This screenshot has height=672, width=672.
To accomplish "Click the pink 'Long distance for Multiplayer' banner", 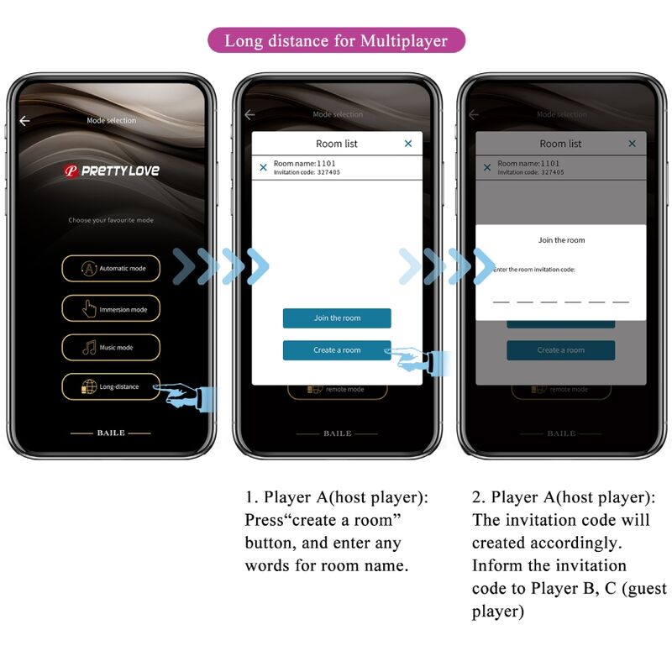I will pyautogui.click(x=336, y=40).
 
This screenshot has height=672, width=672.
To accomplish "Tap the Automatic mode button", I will pyautogui.click(x=111, y=269).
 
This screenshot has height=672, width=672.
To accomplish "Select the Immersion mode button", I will pyautogui.click(x=111, y=309).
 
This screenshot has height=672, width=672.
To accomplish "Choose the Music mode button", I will pyautogui.click(x=111, y=348).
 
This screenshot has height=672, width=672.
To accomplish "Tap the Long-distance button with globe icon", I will pyautogui.click(x=111, y=386).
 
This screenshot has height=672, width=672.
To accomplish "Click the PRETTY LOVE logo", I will pyautogui.click(x=112, y=171).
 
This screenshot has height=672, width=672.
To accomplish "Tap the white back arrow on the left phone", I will pyautogui.click(x=24, y=121).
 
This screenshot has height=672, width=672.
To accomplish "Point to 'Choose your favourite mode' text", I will pyautogui.click(x=111, y=221).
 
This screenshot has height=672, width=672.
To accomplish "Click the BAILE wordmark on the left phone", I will pyautogui.click(x=111, y=433).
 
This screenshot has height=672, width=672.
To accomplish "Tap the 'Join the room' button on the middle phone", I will pyautogui.click(x=337, y=318).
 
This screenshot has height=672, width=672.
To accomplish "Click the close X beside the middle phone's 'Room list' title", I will pyautogui.click(x=408, y=144).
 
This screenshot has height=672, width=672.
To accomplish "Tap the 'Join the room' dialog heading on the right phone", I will pyautogui.click(x=561, y=240).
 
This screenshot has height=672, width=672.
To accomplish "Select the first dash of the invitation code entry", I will pyautogui.click(x=501, y=300).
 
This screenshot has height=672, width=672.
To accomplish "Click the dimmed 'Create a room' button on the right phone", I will pyautogui.click(x=560, y=350).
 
